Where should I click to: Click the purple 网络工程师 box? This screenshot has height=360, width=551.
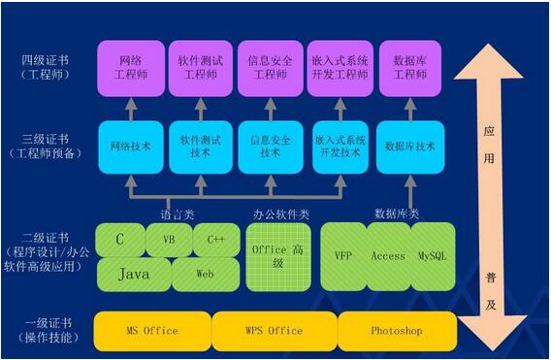pos(130,67)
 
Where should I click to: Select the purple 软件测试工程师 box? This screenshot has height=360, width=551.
pos(200,67)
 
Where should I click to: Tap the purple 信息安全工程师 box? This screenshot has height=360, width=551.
pos(271,67)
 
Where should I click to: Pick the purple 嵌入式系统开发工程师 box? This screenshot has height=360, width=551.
pos(340,67)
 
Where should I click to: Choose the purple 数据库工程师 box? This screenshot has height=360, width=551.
pos(409,67)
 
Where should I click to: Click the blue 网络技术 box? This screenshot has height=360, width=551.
pos(130,147)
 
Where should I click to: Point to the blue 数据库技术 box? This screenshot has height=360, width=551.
pos(409,147)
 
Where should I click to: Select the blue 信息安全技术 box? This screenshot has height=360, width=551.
pos(271,147)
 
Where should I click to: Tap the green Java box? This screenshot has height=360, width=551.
pos(134,275)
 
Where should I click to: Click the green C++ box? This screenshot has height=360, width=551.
pos(214,239)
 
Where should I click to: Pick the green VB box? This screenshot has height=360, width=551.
pos(169,239)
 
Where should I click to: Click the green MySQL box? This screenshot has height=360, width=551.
pos(432,256)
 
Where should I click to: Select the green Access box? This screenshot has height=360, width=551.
pos(388,256)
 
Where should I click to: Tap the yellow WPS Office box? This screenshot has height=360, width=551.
pos(272,331)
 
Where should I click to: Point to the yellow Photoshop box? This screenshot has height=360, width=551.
pos(396,331)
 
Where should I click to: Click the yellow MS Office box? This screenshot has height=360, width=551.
pos(152,331)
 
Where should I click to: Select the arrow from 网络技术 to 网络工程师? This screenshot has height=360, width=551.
pos(130,108)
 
